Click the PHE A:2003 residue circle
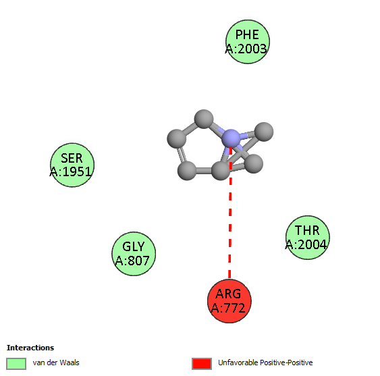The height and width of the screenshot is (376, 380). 248,42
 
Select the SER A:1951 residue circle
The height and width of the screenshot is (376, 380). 72,165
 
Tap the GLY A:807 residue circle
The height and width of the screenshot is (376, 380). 134,254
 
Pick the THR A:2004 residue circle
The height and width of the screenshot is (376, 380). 308,238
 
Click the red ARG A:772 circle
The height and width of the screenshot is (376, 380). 229,301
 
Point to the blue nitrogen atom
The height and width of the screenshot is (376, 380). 231,138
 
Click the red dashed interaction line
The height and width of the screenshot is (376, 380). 230,213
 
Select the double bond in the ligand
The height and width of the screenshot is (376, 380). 182,155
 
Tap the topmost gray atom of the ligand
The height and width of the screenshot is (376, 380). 204,119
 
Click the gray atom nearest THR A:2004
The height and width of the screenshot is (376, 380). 254,164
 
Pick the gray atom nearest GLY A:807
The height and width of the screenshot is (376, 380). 187,171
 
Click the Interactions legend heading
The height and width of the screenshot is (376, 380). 30,348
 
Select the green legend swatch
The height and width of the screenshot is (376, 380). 16,364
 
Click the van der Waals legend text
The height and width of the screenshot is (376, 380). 56,362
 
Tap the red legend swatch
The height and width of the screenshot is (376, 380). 202,364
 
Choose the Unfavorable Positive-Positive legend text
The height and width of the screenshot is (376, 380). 265,362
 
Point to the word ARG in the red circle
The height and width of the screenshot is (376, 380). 228,294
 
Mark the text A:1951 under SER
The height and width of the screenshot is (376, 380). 71,172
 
